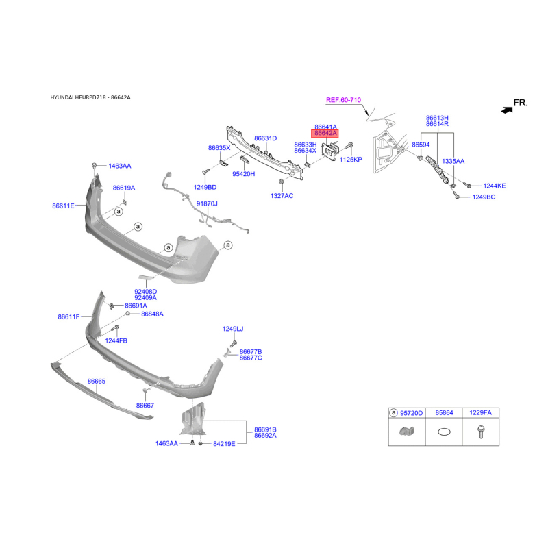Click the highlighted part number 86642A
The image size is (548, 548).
325,133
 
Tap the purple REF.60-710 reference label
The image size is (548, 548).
343,100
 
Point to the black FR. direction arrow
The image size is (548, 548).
506,110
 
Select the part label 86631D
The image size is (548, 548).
266,138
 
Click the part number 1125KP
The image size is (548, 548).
351,160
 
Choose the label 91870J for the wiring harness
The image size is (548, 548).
207,203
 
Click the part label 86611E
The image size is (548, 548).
63,206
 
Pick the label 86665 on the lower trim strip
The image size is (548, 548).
96,381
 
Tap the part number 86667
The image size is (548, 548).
145,406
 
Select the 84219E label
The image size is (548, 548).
224,443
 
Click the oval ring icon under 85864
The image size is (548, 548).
444,432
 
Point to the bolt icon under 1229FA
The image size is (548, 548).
481,432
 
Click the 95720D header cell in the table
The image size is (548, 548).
406,413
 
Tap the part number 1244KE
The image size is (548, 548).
494,186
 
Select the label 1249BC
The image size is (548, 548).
484,197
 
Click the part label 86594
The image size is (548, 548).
421,145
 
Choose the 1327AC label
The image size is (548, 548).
282,196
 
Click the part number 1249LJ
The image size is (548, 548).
233,329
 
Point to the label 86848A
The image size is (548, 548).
152,314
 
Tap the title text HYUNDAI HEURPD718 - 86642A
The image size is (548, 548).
90,97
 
